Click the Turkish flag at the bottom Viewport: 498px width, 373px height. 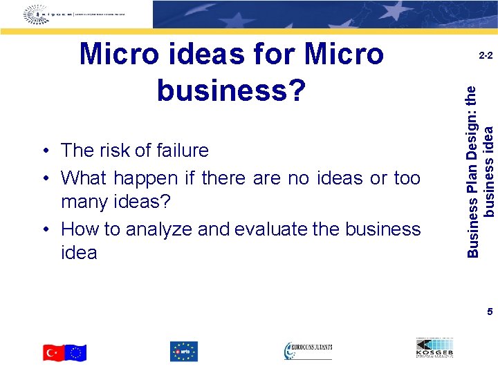(54, 353)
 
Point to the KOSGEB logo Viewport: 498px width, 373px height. (434, 349)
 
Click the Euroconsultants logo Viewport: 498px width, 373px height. (308, 351)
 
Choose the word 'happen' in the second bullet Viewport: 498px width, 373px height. (146, 178)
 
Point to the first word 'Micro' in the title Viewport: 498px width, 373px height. (122, 54)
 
